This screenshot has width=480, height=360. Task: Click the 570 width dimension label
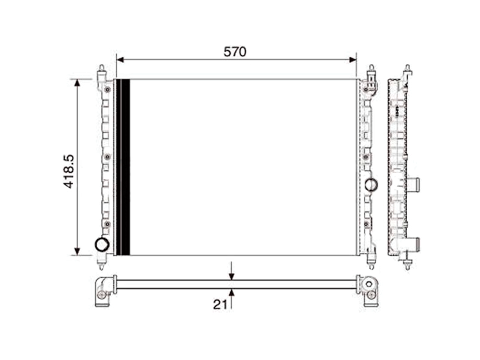coord(235,52)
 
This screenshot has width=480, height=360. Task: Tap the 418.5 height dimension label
coord(69,172)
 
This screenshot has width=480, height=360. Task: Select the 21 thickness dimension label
coord(220,304)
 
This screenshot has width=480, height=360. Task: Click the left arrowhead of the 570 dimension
coord(120,60)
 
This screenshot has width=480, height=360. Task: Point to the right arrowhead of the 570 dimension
coord(353,60)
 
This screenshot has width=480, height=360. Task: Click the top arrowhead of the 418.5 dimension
coord(77,83)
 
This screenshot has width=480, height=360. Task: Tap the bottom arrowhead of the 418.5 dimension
coord(77,251)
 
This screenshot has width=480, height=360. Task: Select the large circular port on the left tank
coord(102,244)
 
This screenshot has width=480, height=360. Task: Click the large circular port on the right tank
coord(371,185)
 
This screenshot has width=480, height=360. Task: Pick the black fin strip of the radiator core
coord(123,167)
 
